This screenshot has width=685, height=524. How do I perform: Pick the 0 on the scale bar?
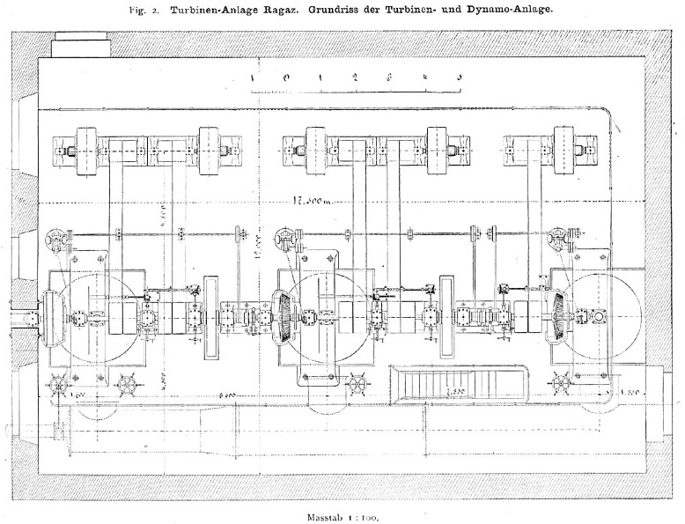(287, 78)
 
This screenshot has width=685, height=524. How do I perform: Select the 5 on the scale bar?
(459, 78)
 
